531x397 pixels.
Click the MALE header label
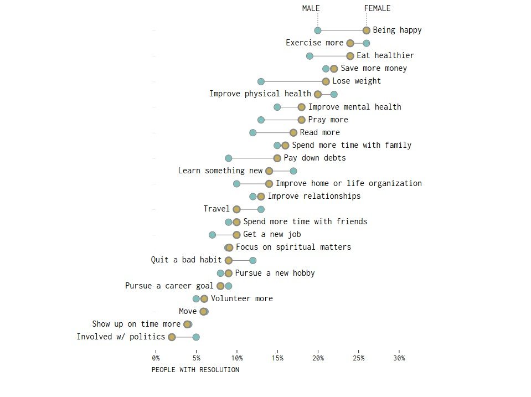click(311, 8)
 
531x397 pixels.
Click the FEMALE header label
click(377, 8)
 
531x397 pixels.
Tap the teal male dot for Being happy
click(318, 30)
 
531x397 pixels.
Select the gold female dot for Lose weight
click(326, 81)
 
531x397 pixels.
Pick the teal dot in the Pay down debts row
click(229, 158)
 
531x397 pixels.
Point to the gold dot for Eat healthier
click(350, 56)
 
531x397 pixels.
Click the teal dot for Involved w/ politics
click(196, 337)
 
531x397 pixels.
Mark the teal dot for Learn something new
click(293, 171)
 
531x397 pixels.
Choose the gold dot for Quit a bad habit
click(229, 260)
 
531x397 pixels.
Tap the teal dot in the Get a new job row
click(213, 235)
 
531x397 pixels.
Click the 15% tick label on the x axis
click(277, 358)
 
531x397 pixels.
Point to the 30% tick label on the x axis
click(399, 358)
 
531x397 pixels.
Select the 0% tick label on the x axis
click(156, 358)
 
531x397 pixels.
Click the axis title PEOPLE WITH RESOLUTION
click(195, 370)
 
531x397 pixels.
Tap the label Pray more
click(328, 120)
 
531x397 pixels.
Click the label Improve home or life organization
click(348, 183)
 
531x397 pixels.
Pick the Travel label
click(216, 209)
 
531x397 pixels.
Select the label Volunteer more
click(241, 298)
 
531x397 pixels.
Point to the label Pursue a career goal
click(169, 286)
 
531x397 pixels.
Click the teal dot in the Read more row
click(253, 133)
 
